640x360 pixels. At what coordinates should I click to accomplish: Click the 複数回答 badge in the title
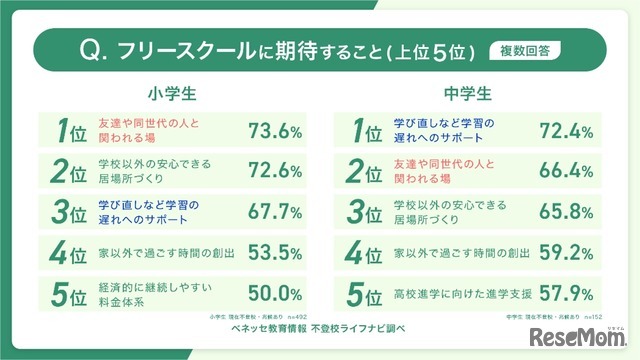point(525,47)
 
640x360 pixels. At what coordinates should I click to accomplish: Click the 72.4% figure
point(567,131)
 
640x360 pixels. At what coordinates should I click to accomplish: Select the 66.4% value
point(567,171)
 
